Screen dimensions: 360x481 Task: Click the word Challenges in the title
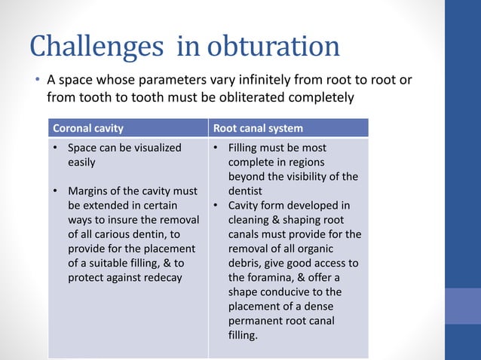(x=97, y=47)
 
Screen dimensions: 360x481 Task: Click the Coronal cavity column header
(x=87, y=128)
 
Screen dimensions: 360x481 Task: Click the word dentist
(x=245, y=191)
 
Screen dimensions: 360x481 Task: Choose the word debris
(x=244, y=263)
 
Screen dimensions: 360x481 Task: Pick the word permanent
(x=257, y=320)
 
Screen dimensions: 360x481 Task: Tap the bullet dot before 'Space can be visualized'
(x=56, y=148)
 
